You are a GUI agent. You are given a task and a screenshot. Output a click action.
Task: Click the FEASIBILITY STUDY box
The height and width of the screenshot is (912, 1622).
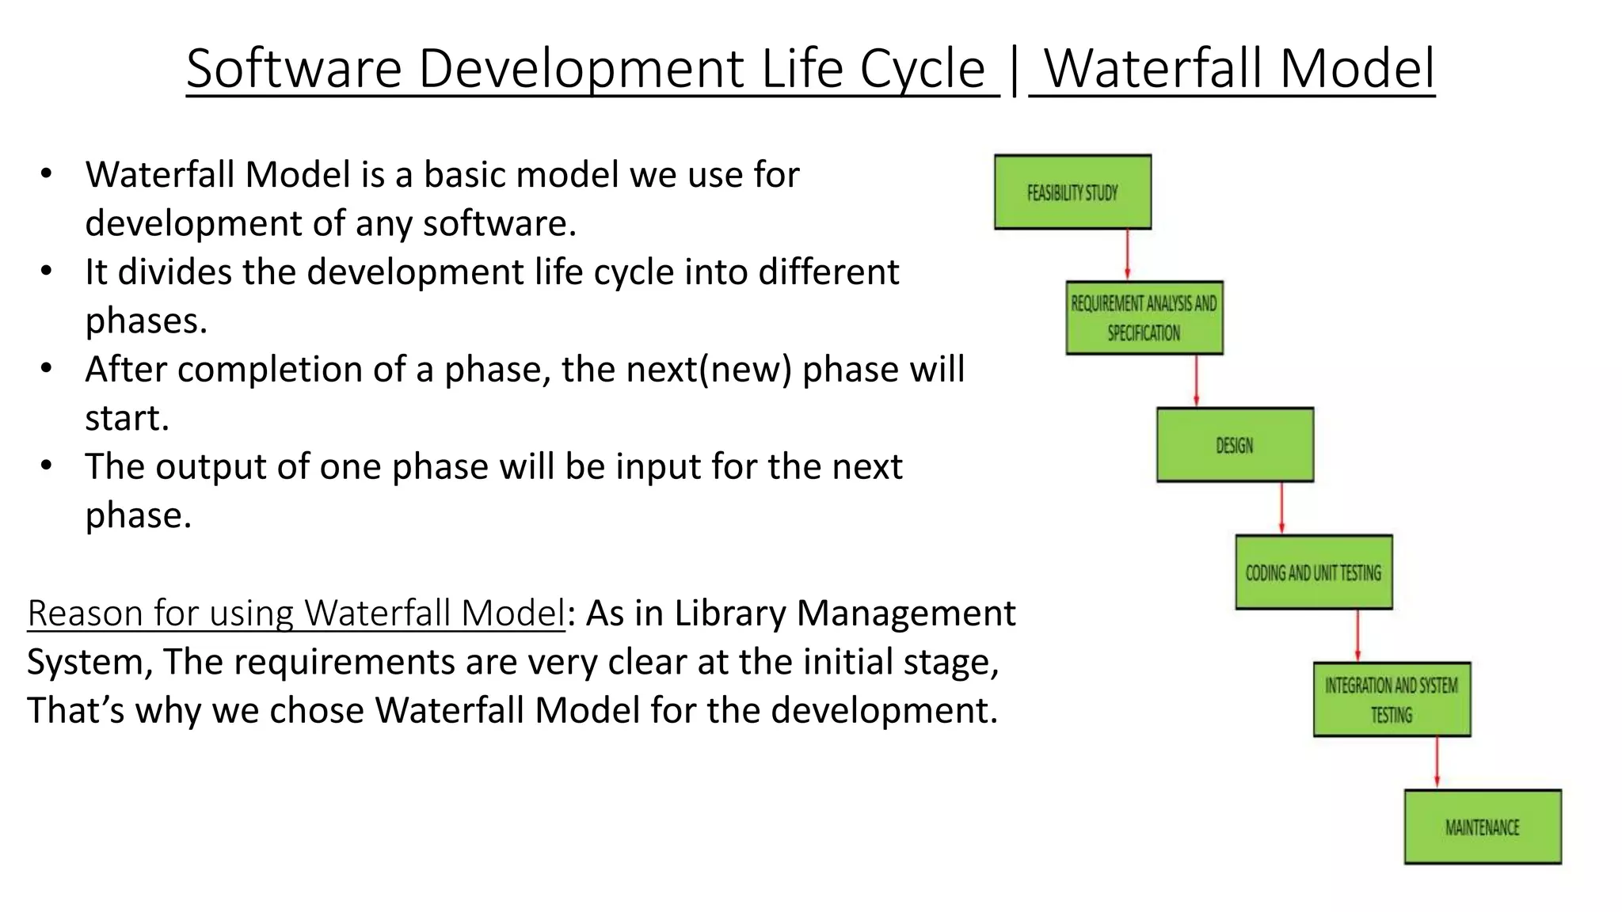[x=1072, y=192]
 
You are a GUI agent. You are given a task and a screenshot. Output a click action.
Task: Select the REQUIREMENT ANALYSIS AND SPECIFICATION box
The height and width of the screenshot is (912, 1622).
[x=1144, y=317]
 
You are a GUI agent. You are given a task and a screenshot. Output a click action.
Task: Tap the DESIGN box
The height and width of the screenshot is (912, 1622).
[x=1235, y=445]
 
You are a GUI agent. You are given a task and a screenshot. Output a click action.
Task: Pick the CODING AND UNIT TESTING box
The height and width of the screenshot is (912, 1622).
[x=1313, y=572]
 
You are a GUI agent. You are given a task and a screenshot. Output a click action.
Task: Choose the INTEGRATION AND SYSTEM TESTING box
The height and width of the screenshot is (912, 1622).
[x=1392, y=700]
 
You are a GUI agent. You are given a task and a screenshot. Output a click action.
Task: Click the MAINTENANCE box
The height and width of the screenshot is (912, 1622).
[x=1483, y=826]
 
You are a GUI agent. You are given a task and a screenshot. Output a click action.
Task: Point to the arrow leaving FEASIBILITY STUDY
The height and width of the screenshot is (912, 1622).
[x=1127, y=254]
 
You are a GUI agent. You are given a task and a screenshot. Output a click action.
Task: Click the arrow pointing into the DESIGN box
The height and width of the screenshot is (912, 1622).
[x=1196, y=381]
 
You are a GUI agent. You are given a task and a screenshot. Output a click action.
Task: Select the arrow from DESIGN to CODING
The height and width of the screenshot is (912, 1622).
[x=1281, y=508]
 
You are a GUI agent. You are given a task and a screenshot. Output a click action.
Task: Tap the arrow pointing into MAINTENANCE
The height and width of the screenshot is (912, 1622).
[x=1437, y=762]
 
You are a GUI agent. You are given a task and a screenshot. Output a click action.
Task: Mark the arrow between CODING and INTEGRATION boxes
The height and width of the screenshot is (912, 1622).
[x=1357, y=635]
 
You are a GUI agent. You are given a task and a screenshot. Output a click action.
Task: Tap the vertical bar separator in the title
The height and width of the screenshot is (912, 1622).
[x=1015, y=70]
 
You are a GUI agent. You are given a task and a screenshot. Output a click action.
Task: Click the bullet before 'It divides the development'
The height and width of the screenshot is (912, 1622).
[x=46, y=272]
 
